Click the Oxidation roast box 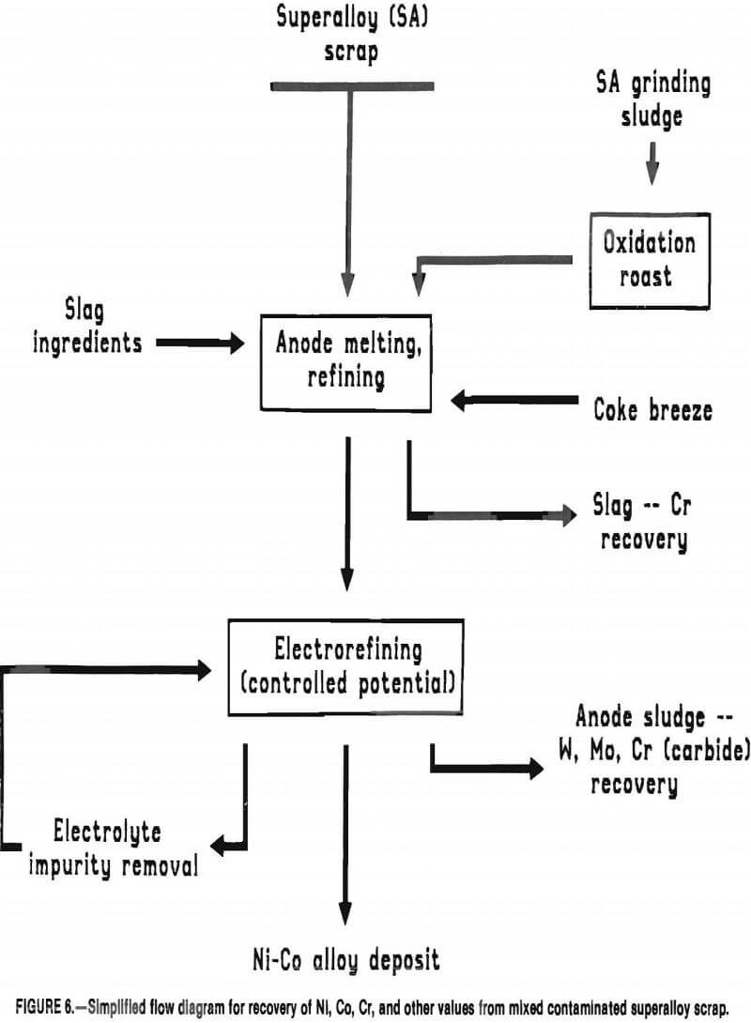click(650, 260)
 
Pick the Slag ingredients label click(87, 329)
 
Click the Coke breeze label click(652, 409)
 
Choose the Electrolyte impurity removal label click(106, 847)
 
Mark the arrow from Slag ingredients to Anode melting click(199, 344)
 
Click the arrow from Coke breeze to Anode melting click(514, 402)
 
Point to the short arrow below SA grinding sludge click(652, 168)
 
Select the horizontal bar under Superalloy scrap click(351, 86)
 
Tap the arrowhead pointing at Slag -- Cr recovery click(566, 514)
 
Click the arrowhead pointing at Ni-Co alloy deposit click(346, 915)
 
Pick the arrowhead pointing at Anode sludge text click(533, 768)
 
